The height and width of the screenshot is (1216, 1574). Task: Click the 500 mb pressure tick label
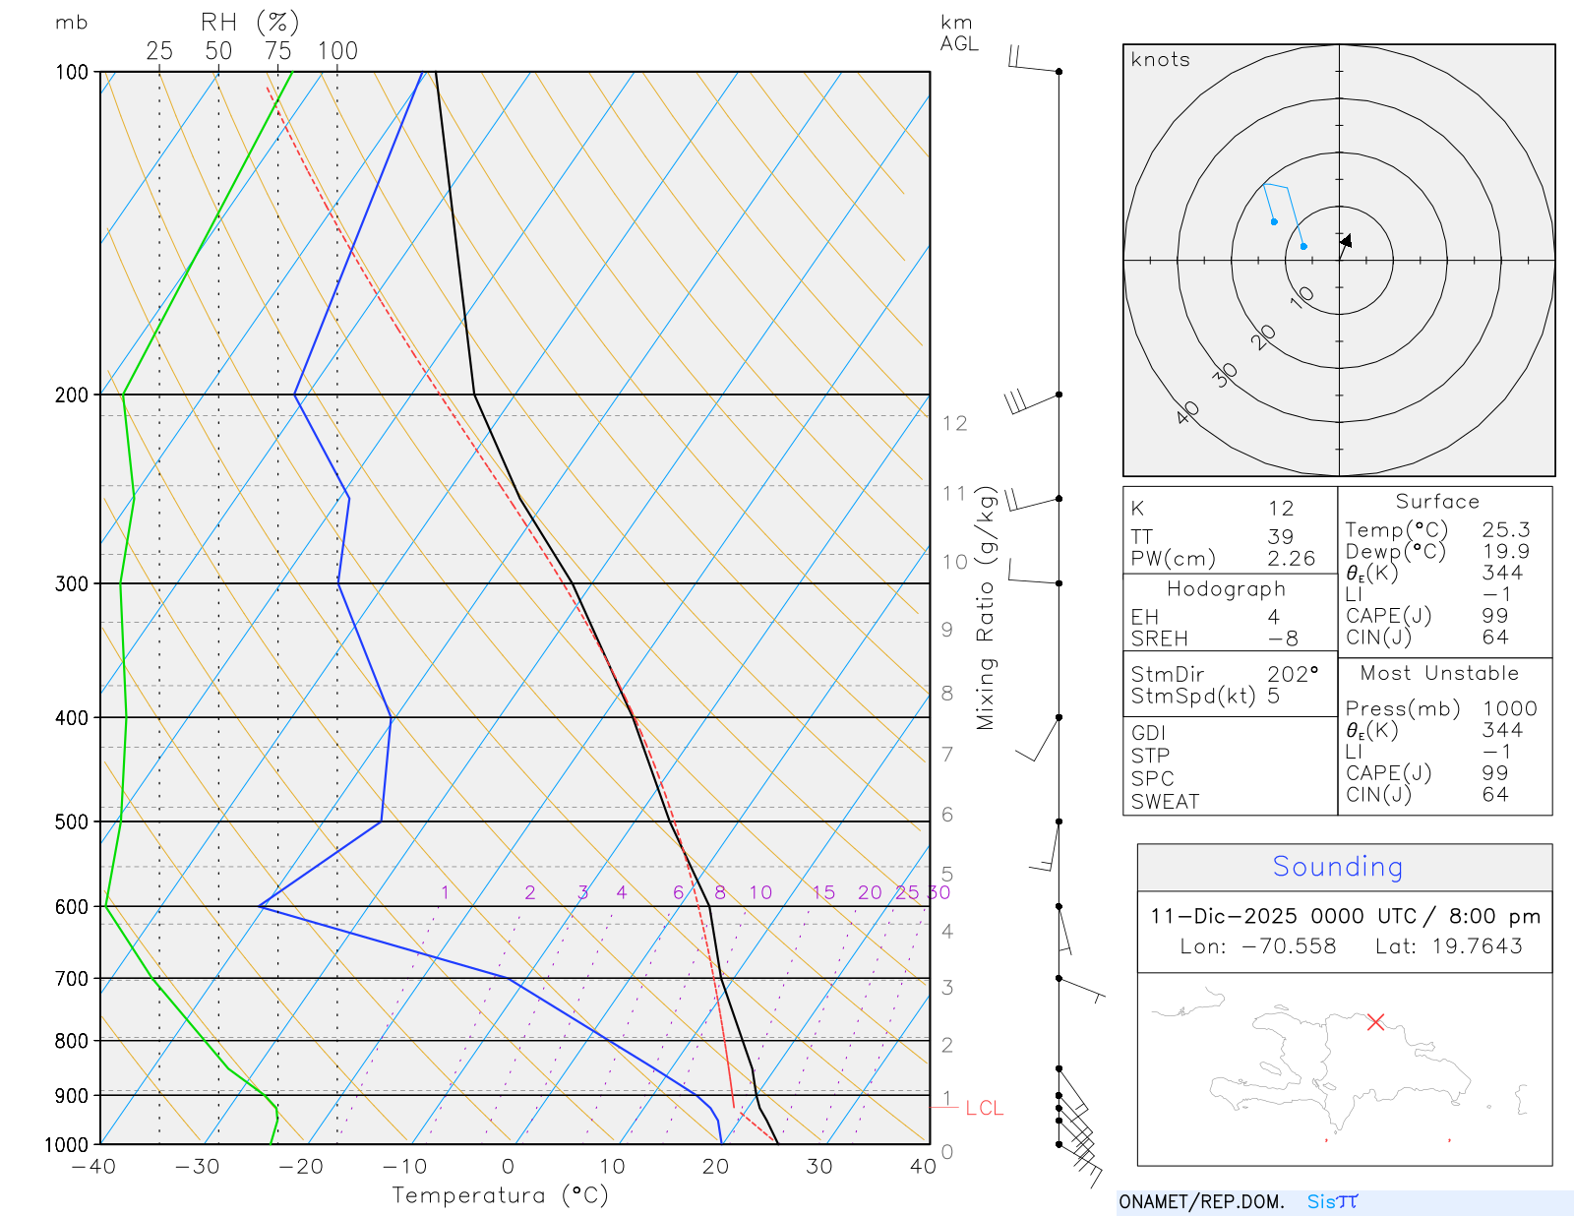coord(71,821)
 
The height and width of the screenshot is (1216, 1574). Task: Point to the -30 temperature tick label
coord(197,1167)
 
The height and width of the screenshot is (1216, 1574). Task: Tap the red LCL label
coord(984,1109)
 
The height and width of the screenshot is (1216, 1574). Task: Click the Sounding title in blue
coord(1337,867)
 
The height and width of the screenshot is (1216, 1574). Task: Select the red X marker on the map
coord(1375,1022)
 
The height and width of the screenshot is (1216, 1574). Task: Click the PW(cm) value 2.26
coord(1291,559)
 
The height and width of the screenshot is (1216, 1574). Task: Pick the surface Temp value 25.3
coord(1505,530)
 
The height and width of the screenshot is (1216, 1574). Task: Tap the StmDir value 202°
coord(1292,675)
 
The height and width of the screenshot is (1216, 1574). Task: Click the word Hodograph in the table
coord(1226,589)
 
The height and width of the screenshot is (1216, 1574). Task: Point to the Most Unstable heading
coord(1439,674)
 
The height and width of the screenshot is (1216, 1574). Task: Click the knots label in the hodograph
coord(1160,60)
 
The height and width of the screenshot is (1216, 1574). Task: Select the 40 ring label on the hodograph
coord(1187,412)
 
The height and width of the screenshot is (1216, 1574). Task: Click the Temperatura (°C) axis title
coord(500,1195)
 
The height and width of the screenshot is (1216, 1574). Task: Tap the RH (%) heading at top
coord(250,23)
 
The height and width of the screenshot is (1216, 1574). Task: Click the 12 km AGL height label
coord(954,424)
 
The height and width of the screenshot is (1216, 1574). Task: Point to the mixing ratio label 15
coord(823,892)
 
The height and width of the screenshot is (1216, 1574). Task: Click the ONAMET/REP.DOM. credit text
coord(1201,1202)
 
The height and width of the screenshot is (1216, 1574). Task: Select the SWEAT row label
coord(1165,802)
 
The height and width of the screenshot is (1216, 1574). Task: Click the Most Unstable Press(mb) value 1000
coord(1509,709)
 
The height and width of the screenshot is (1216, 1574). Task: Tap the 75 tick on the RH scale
coord(277,51)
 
